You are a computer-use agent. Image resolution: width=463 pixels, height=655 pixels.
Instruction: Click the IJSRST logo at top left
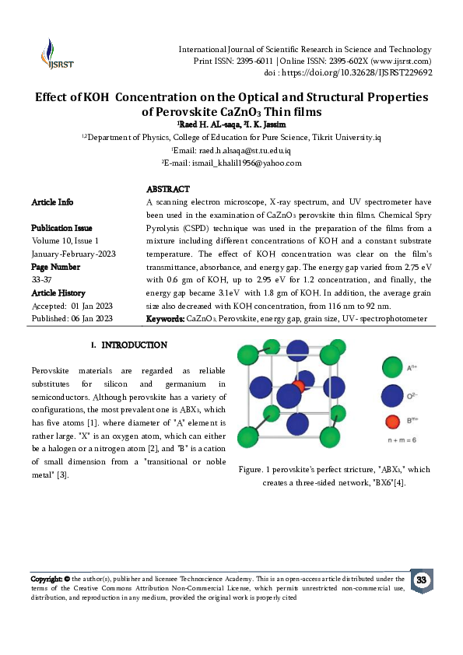pos(54,54)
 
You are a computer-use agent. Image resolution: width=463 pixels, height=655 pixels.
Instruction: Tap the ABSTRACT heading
pos(168,189)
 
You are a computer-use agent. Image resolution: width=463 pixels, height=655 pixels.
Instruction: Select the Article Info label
pos(53,202)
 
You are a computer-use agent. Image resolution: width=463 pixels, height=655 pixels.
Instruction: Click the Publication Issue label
pos(61,228)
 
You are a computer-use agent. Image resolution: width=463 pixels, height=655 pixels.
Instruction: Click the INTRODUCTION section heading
pos(134,345)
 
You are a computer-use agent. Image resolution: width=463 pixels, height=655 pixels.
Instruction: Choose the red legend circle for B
pos(392,422)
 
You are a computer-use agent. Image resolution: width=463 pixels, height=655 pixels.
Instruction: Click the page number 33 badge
pos(421,580)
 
